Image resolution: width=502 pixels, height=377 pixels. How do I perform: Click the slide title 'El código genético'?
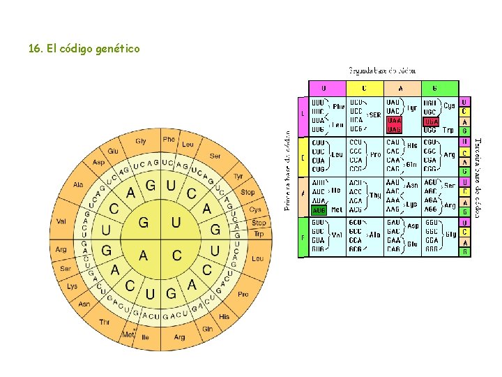pyautogui.click(x=84, y=49)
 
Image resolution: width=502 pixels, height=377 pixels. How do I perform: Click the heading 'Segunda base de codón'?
pyautogui.click(x=382, y=71)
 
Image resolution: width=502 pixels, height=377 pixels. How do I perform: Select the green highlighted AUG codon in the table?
pyautogui.click(x=319, y=209)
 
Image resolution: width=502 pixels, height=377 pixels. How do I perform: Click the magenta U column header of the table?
pyautogui.click(x=323, y=89)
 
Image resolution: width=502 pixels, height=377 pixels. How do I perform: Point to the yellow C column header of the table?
pyautogui.click(x=363, y=89)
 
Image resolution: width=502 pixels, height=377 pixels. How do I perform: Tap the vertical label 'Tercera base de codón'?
pyautogui.click(x=478, y=176)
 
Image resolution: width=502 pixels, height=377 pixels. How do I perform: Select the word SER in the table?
pyautogui.click(x=375, y=115)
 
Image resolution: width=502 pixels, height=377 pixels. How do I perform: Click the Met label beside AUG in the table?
pyautogui.click(x=337, y=209)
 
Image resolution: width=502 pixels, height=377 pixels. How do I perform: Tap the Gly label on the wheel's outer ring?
pyautogui.click(x=141, y=142)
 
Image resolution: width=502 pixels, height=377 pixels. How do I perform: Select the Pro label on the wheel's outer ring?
pyautogui.click(x=243, y=295)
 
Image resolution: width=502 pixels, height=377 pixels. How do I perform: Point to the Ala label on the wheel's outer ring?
pyautogui.click(x=78, y=185)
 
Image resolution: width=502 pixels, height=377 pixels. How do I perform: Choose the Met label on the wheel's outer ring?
pyautogui.click(x=128, y=335)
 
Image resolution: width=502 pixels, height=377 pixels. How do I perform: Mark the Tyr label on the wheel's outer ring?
pyautogui.click(x=238, y=177)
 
